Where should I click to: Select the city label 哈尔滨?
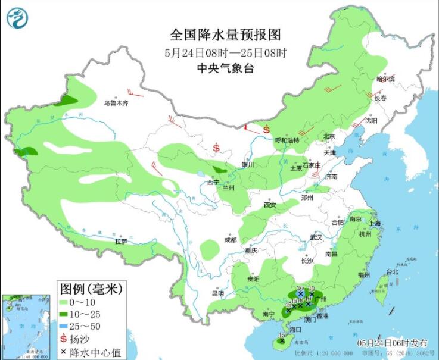386,79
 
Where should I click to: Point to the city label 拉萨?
121,241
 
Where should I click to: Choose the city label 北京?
329,136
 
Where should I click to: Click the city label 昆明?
218,293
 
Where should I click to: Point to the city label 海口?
292,329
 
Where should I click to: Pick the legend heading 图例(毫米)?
91,289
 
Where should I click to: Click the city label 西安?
270,205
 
